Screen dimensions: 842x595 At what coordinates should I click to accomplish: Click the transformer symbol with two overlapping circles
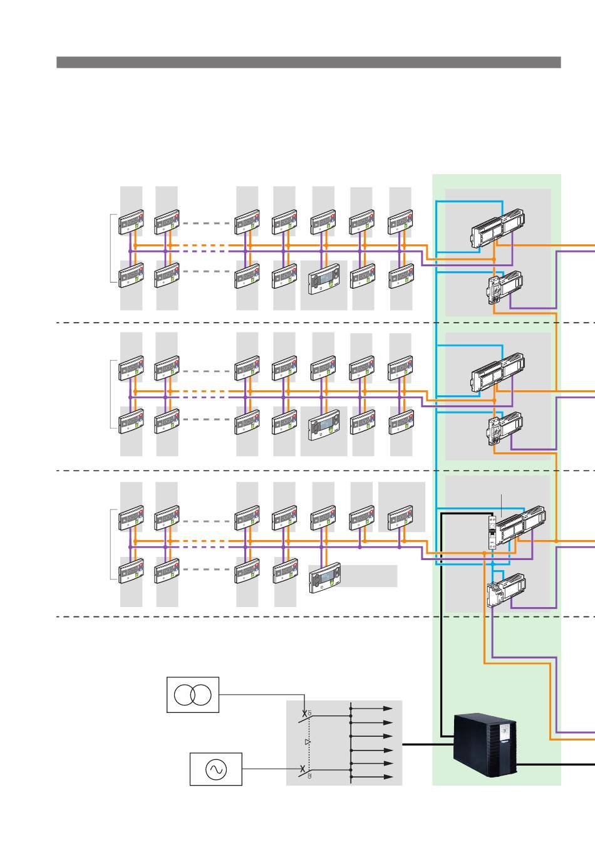[193, 694]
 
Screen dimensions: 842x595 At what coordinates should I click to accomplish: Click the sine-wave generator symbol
[216, 770]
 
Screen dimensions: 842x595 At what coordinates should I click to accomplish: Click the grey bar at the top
[308, 62]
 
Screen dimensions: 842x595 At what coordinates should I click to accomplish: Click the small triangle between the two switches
[308, 742]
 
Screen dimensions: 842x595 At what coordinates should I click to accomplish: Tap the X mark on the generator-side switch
[303, 769]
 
